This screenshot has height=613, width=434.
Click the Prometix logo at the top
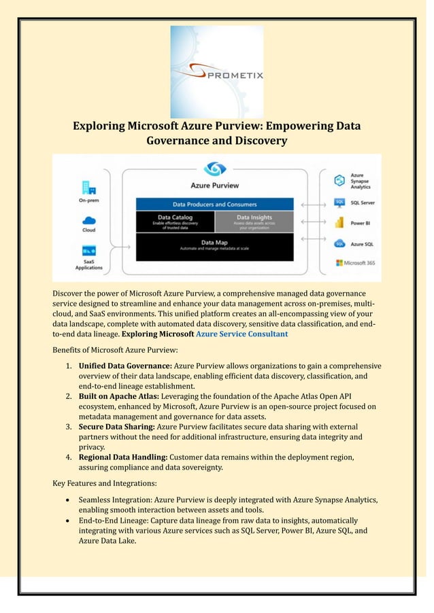pos(217,71)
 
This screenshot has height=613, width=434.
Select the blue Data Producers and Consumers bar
pos(214,204)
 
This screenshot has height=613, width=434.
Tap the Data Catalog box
pos(175,221)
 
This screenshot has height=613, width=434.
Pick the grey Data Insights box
pos(254,221)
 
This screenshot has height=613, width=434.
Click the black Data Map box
pos(214,244)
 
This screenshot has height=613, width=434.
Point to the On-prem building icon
pos(88,187)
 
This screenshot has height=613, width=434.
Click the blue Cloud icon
pos(89,221)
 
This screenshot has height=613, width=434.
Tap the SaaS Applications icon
pos(89,251)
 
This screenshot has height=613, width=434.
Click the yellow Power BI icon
pos(339,222)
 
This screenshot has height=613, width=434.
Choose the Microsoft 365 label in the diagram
pos(357,262)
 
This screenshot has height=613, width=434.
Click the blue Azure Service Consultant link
pos(241,334)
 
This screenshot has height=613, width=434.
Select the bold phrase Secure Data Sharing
pos(116,426)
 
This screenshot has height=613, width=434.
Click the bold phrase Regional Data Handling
pos(122,457)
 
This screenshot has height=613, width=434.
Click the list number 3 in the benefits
pos(69,426)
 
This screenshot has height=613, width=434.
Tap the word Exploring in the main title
pos(99,126)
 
